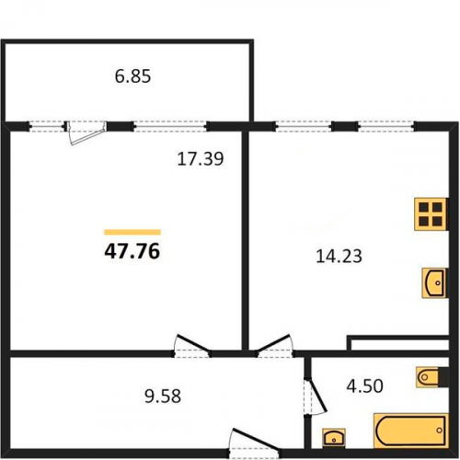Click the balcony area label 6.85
click(132, 76)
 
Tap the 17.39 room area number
click(201, 159)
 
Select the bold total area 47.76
click(132, 251)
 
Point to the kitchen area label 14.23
click(339, 257)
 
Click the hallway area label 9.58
click(163, 396)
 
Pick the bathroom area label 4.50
click(365, 385)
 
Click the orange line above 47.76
click(132, 232)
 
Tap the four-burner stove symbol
click(431, 214)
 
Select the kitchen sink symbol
click(435, 282)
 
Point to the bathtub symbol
click(411, 431)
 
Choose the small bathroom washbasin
click(334, 438)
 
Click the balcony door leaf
click(87, 133)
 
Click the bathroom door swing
click(316, 397)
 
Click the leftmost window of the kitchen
click(304, 126)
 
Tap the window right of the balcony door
click(170, 126)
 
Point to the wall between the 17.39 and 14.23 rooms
click(245, 241)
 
